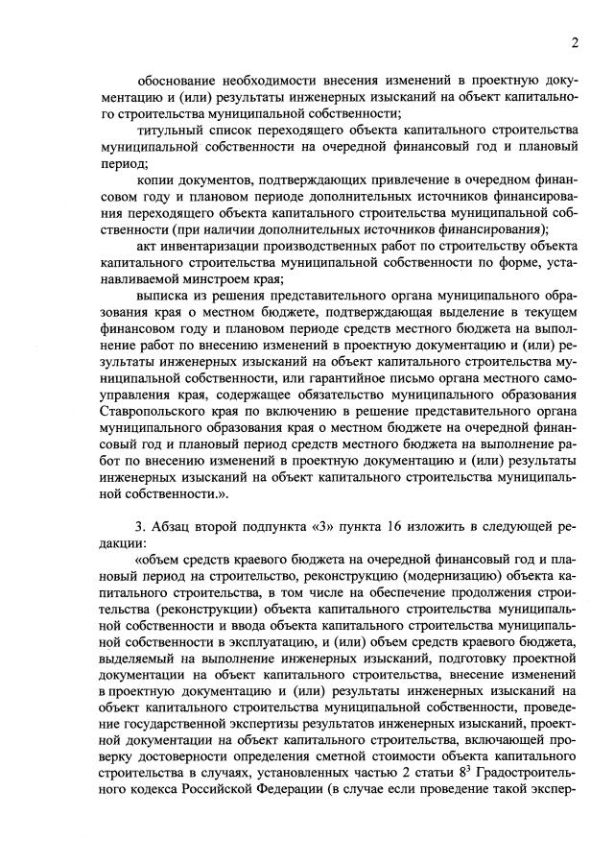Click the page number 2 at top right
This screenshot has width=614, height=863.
[x=575, y=43]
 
